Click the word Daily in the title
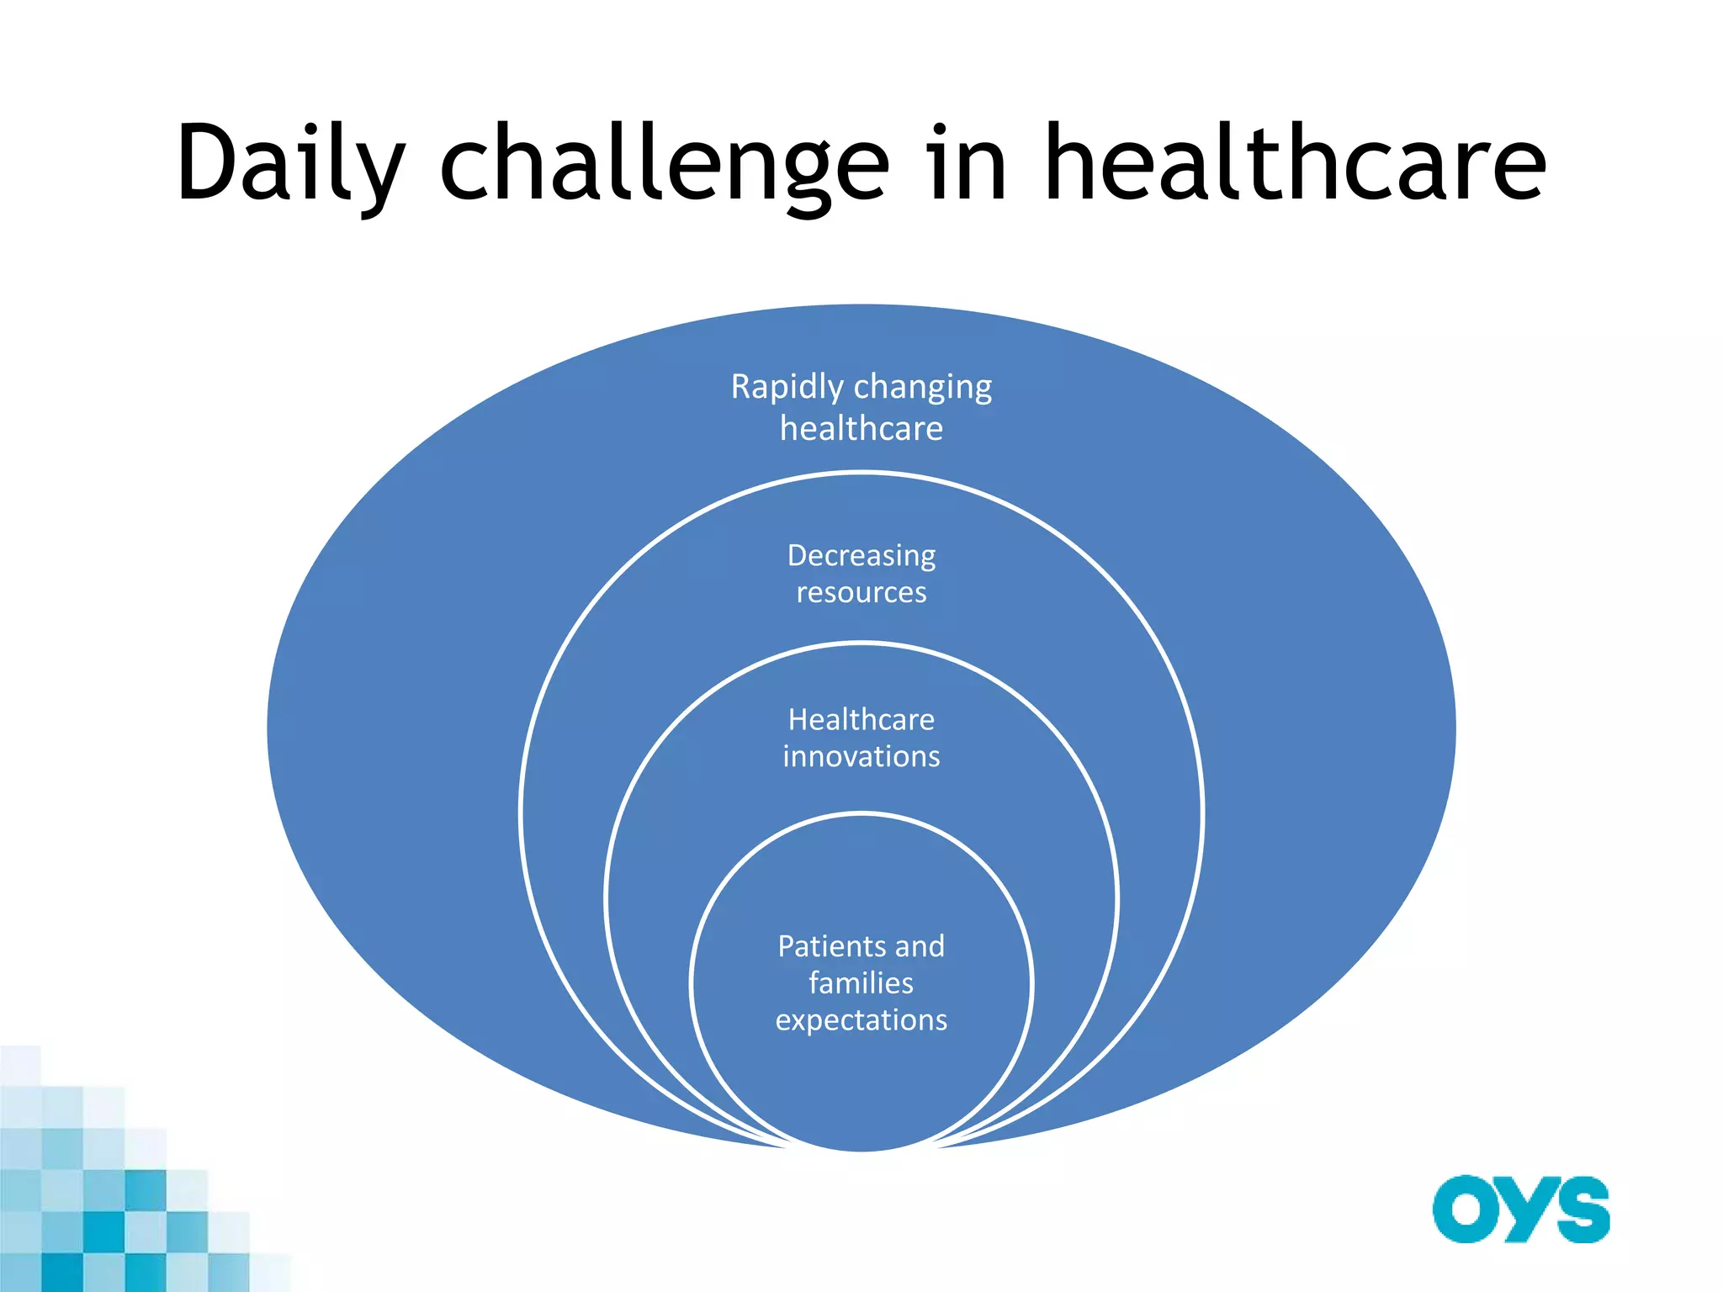[x=290, y=164]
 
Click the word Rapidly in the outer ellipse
[x=787, y=388]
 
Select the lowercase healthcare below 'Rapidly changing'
[x=861, y=429]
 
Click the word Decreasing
[x=861, y=556]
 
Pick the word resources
[x=861, y=593]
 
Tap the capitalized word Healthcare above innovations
[x=861, y=720]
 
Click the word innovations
[x=861, y=757]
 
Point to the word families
[x=861, y=983]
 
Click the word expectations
[x=861, y=1020]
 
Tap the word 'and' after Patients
[x=920, y=947]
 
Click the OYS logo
[x=1521, y=1210]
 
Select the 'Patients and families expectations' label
[x=861, y=983]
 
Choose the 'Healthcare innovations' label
[x=861, y=739]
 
